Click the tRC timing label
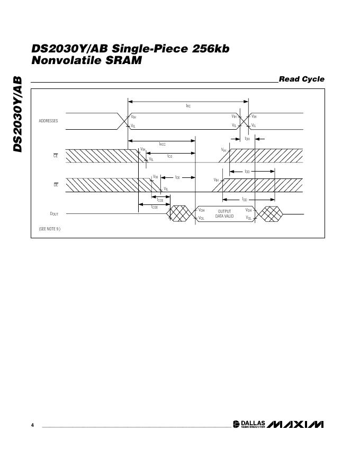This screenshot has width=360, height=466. coord(188,106)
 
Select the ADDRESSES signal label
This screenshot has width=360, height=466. coord(48,121)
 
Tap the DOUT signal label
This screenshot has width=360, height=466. coord(54,213)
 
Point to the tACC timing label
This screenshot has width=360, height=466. coord(162,144)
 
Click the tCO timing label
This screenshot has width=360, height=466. coord(169,156)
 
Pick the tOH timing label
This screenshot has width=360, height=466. coord(247,139)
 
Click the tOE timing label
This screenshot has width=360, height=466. coord(177,177)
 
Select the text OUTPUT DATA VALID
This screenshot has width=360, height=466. coord(224,214)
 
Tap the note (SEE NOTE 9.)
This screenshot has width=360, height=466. coord(49,229)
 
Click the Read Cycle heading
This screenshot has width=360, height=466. coord(301,79)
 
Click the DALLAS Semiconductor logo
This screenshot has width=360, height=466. coord(248,424)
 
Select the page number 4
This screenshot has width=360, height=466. coord(33,425)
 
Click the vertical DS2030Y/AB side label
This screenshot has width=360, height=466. coord(17,113)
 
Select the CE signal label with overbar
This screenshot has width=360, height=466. coord(55,156)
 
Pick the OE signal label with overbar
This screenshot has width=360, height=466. coord(55,184)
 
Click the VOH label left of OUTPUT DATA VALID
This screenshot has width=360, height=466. coord(201,210)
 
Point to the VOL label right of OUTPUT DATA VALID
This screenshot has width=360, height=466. coord(249,218)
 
